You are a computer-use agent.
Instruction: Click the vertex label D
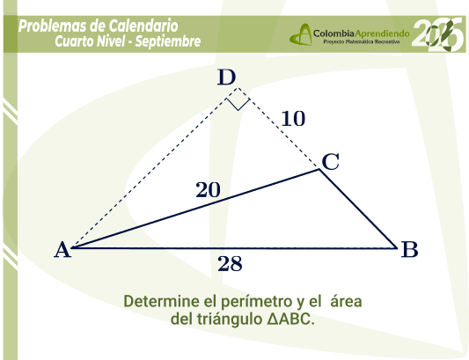click(x=226, y=77)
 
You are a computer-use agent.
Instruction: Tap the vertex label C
click(x=331, y=162)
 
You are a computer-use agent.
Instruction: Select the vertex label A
click(x=62, y=250)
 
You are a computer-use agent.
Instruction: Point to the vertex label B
click(x=409, y=249)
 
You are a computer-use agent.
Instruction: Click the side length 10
click(x=293, y=119)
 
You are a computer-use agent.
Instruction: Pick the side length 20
click(x=208, y=190)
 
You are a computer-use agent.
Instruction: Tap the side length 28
click(x=230, y=264)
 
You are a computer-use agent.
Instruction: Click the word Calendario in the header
click(x=143, y=26)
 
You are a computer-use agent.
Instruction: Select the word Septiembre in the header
click(x=168, y=41)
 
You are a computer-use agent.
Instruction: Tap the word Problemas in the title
click(x=52, y=26)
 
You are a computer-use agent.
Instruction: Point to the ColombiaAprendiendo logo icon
click(x=301, y=34)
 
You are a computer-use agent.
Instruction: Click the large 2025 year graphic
click(x=438, y=33)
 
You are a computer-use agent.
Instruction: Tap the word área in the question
click(x=346, y=301)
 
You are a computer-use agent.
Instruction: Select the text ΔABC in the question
click(x=290, y=319)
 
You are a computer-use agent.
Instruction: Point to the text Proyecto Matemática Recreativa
click(x=362, y=41)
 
